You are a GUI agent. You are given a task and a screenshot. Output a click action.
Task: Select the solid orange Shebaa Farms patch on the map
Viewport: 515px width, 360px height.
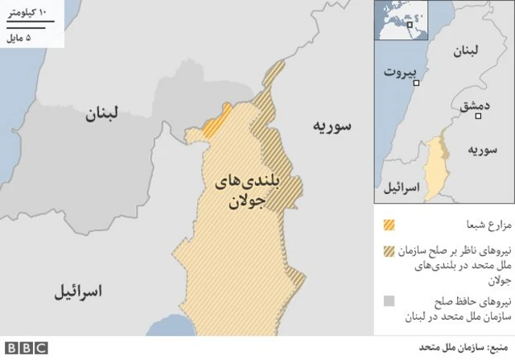[217, 120]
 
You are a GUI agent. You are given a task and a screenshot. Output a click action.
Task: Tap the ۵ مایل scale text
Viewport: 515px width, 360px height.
[27, 37]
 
